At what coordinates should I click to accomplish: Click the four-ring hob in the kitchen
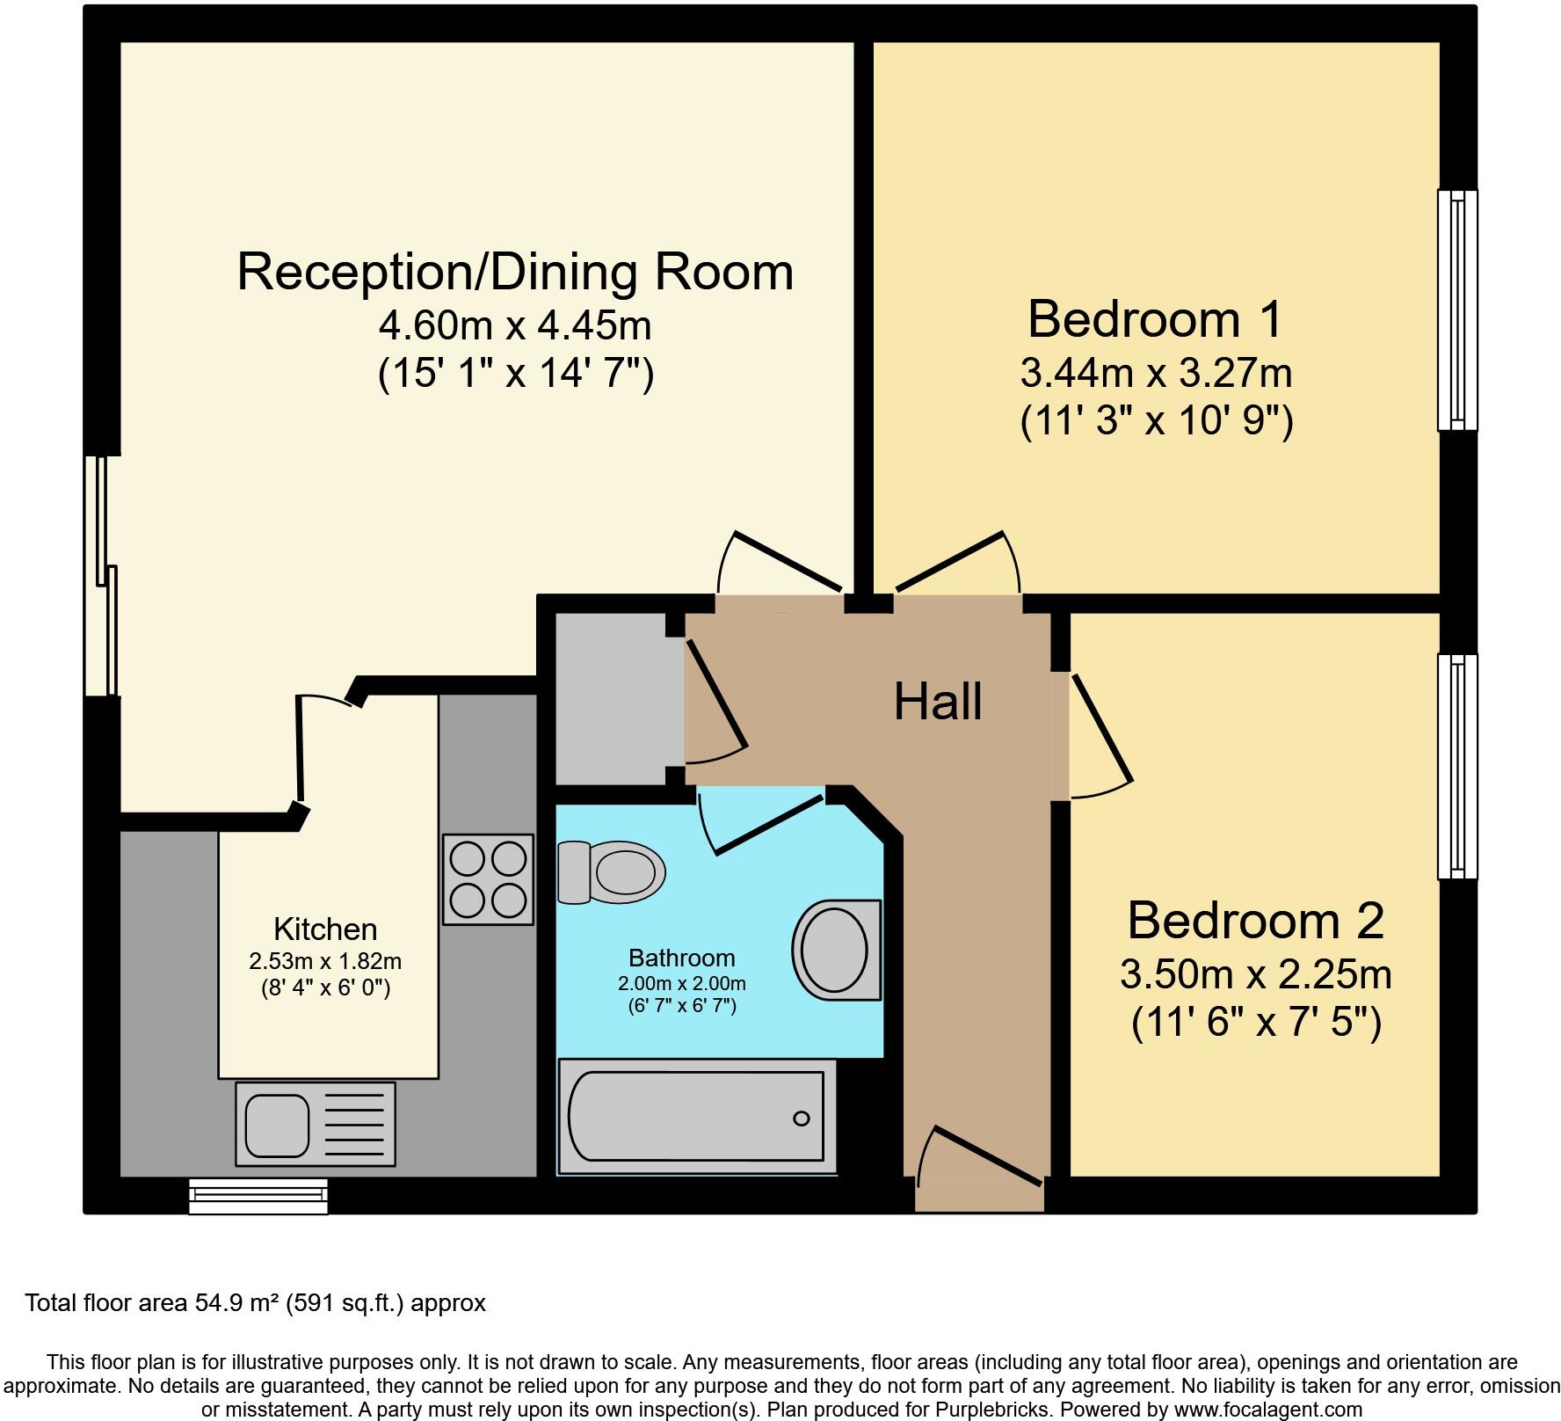click(488, 878)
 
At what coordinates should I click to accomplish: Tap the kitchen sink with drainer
click(315, 1123)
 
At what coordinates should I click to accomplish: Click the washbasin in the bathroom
click(836, 950)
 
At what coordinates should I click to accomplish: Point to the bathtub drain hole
click(801, 1119)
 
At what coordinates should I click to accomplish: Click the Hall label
click(937, 703)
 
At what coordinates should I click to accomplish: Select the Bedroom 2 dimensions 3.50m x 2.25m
click(1255, 974)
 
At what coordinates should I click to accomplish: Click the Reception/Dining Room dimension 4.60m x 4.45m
click(515, 326)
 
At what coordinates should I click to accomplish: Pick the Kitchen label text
click(325, 929)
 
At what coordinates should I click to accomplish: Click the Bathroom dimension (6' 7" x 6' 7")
click(681, 1005)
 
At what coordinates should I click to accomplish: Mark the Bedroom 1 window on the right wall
click(1456, 310)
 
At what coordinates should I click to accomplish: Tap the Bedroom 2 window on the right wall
click(1456, 766)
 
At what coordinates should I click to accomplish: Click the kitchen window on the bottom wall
click(258, 1197)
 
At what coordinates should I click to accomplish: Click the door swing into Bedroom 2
click(1099, 739)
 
